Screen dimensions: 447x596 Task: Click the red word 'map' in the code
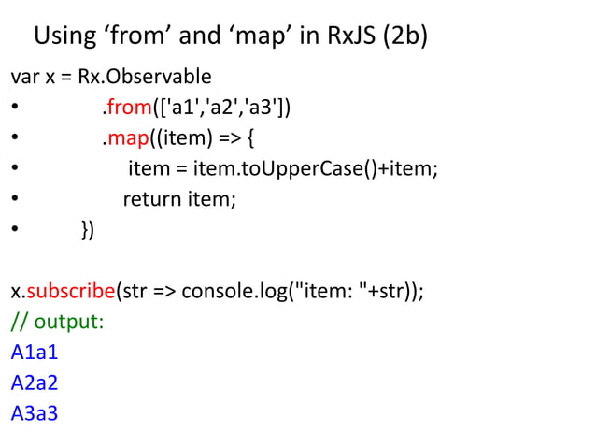point(122,139)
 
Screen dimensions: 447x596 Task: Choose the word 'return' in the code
point(152,199)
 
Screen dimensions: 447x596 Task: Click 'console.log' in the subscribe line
point(235,290)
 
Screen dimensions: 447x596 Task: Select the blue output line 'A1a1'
point(35,353)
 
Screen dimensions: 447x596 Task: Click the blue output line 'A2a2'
point(35,382)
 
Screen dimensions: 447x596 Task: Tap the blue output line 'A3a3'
point(35,412)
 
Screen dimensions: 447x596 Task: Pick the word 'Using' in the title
point(65,37)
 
